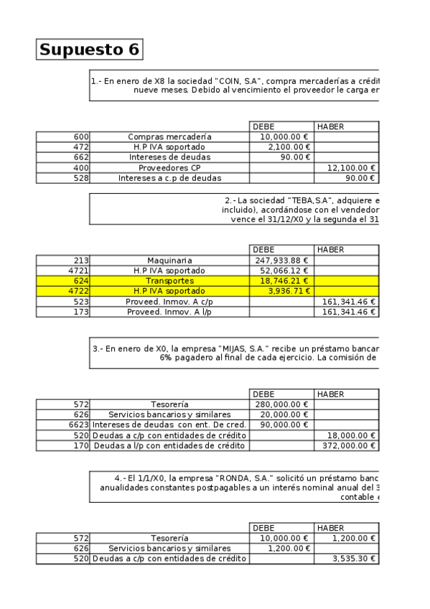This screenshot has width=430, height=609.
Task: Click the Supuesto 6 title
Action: (x=89, y=50)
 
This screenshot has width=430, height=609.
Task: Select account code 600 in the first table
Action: (x=81, y=136)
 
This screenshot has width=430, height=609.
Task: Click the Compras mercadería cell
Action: (x=170, y=136)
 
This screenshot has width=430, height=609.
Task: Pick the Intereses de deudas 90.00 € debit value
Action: (x=294, y=157)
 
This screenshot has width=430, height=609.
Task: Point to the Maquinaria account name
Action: (x=170, y=260)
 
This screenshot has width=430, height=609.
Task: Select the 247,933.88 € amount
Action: (x=281, y=260)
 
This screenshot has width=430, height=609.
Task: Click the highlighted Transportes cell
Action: (x=170, y=281)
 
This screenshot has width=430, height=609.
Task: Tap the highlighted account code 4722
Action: (x=78, y=291)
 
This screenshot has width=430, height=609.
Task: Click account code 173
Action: (x=81, y=312)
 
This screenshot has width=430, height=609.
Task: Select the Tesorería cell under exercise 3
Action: (x=170, y=404)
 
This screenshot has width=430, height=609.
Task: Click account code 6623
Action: (x=78, y=425)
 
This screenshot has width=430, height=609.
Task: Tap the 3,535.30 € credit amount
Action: (x=355, y=558)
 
